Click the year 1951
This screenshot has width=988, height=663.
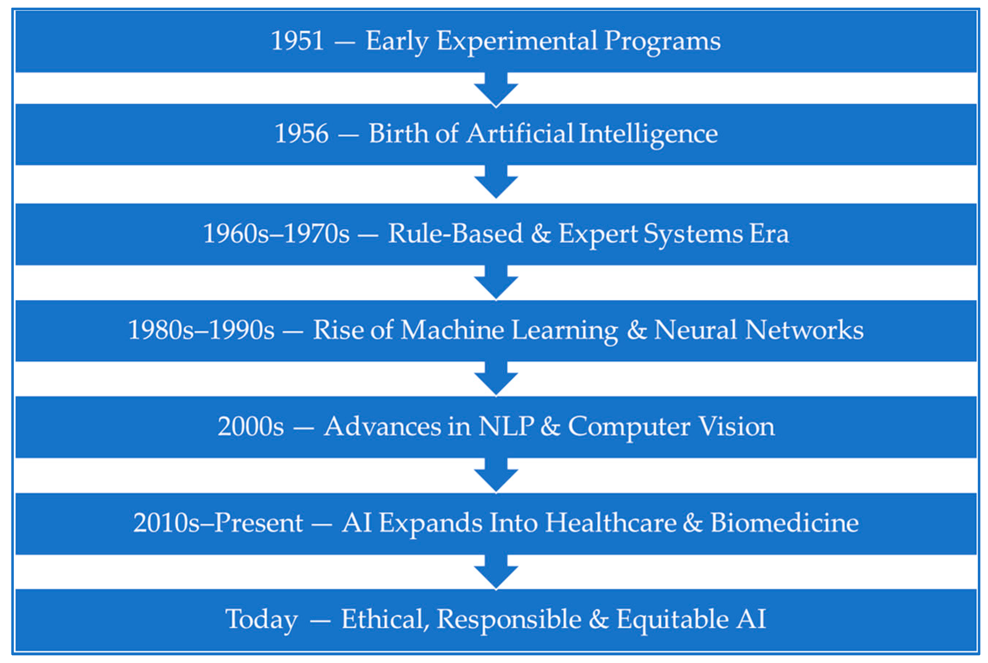pyautogui.click(x=298, y=41)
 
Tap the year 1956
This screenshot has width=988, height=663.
pyautogui.click(x=301, y=134)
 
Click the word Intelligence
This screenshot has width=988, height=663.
pyautogui.click(x=648, y=135)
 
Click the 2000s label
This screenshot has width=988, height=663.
pyautogui.click(x=251, y=426)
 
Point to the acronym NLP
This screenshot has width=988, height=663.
pyautogui.click(x=506, y=426)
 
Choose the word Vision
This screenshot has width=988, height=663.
pyautogui.click(x=737, y=426)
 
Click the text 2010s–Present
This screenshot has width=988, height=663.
pyautogui.click(x=218, y=523)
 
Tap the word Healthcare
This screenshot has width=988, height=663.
pyautogui.click(x=611, y=523)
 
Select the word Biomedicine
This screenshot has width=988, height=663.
pyautogui.click(x=785, y=523)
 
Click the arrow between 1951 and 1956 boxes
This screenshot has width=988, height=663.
pyautogui.click(x=496, y=89)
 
